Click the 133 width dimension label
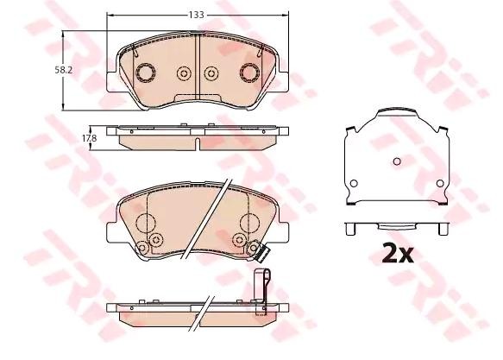pos(198,15)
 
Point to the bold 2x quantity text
pos(398,254)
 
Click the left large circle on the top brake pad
pos(145,72)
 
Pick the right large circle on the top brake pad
pos(250,72)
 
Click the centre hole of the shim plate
pos(396,161)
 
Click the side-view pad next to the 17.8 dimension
pos(198,137)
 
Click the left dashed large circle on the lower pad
pos(144,224)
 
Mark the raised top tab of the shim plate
pos(396,114)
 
